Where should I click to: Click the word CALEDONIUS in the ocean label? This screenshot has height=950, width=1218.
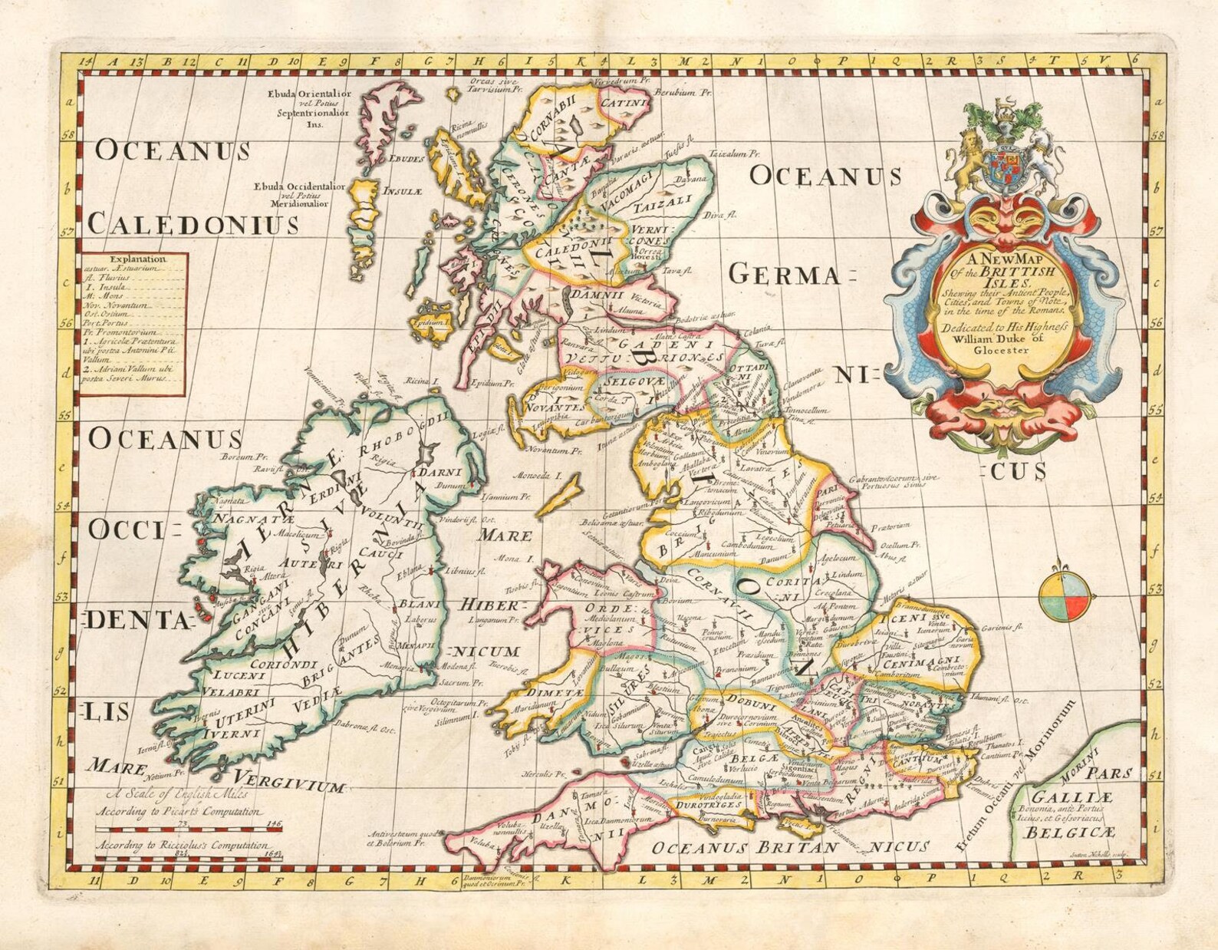(x=193, y=223)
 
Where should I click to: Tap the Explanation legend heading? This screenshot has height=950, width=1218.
(x=137, y=259)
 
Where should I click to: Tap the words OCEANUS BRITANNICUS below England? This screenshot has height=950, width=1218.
(x=790, y=847)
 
